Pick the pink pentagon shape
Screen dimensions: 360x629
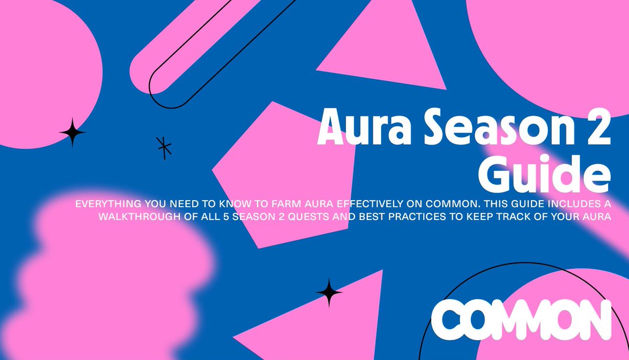[283, 173]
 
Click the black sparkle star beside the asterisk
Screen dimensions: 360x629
[72, 133]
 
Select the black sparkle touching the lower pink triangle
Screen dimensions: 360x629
[329, 292]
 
